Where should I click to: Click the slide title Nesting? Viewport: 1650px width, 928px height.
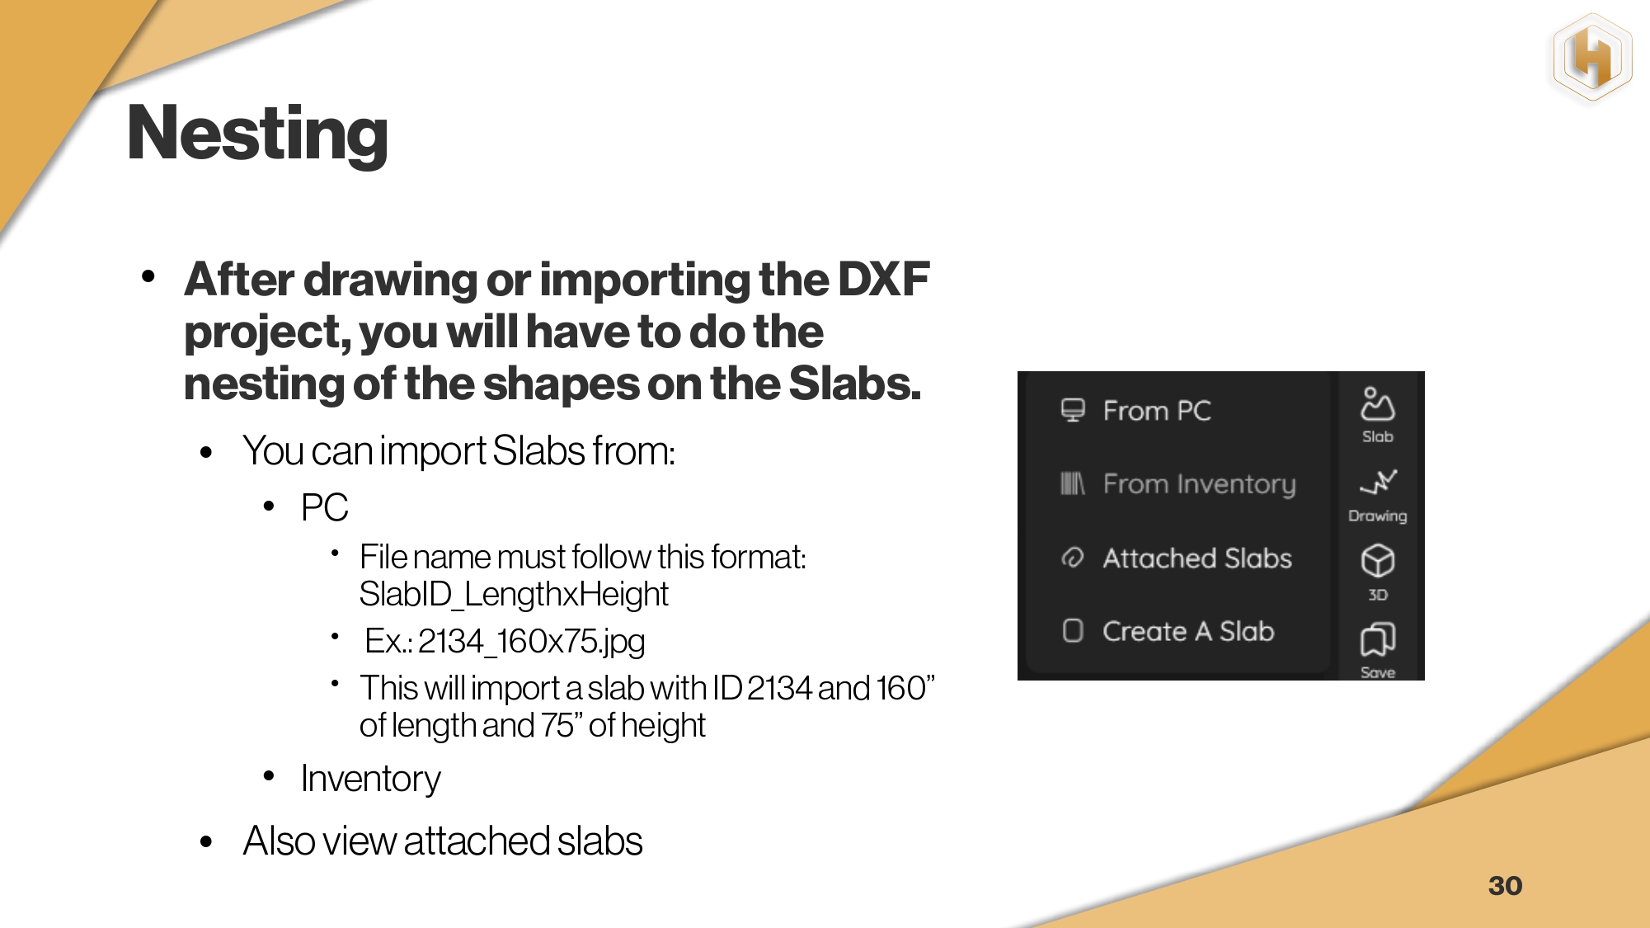point(257,134)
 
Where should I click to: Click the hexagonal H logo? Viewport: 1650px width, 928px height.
point(1592,59)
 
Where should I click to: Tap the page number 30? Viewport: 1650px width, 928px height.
point(1505,886)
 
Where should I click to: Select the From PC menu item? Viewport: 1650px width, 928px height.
point(1156,411)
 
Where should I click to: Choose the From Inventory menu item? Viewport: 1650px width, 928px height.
point(1199,484)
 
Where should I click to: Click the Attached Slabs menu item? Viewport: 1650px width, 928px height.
point(1197,558)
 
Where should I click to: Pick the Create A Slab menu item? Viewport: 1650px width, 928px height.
point(1188,631)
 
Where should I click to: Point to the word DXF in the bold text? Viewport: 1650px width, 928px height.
point(883,280)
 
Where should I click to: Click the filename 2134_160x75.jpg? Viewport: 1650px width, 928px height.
point(531,642)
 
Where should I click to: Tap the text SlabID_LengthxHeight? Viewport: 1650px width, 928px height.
point(514,595)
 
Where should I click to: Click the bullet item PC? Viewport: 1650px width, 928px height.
point(324,507)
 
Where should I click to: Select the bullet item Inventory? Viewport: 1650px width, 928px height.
point(370,779)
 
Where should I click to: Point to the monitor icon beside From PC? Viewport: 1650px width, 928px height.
point(1073,410)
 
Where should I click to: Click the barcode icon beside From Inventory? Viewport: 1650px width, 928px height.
point(1072,483)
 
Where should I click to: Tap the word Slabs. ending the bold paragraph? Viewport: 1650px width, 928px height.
point(854,384)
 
